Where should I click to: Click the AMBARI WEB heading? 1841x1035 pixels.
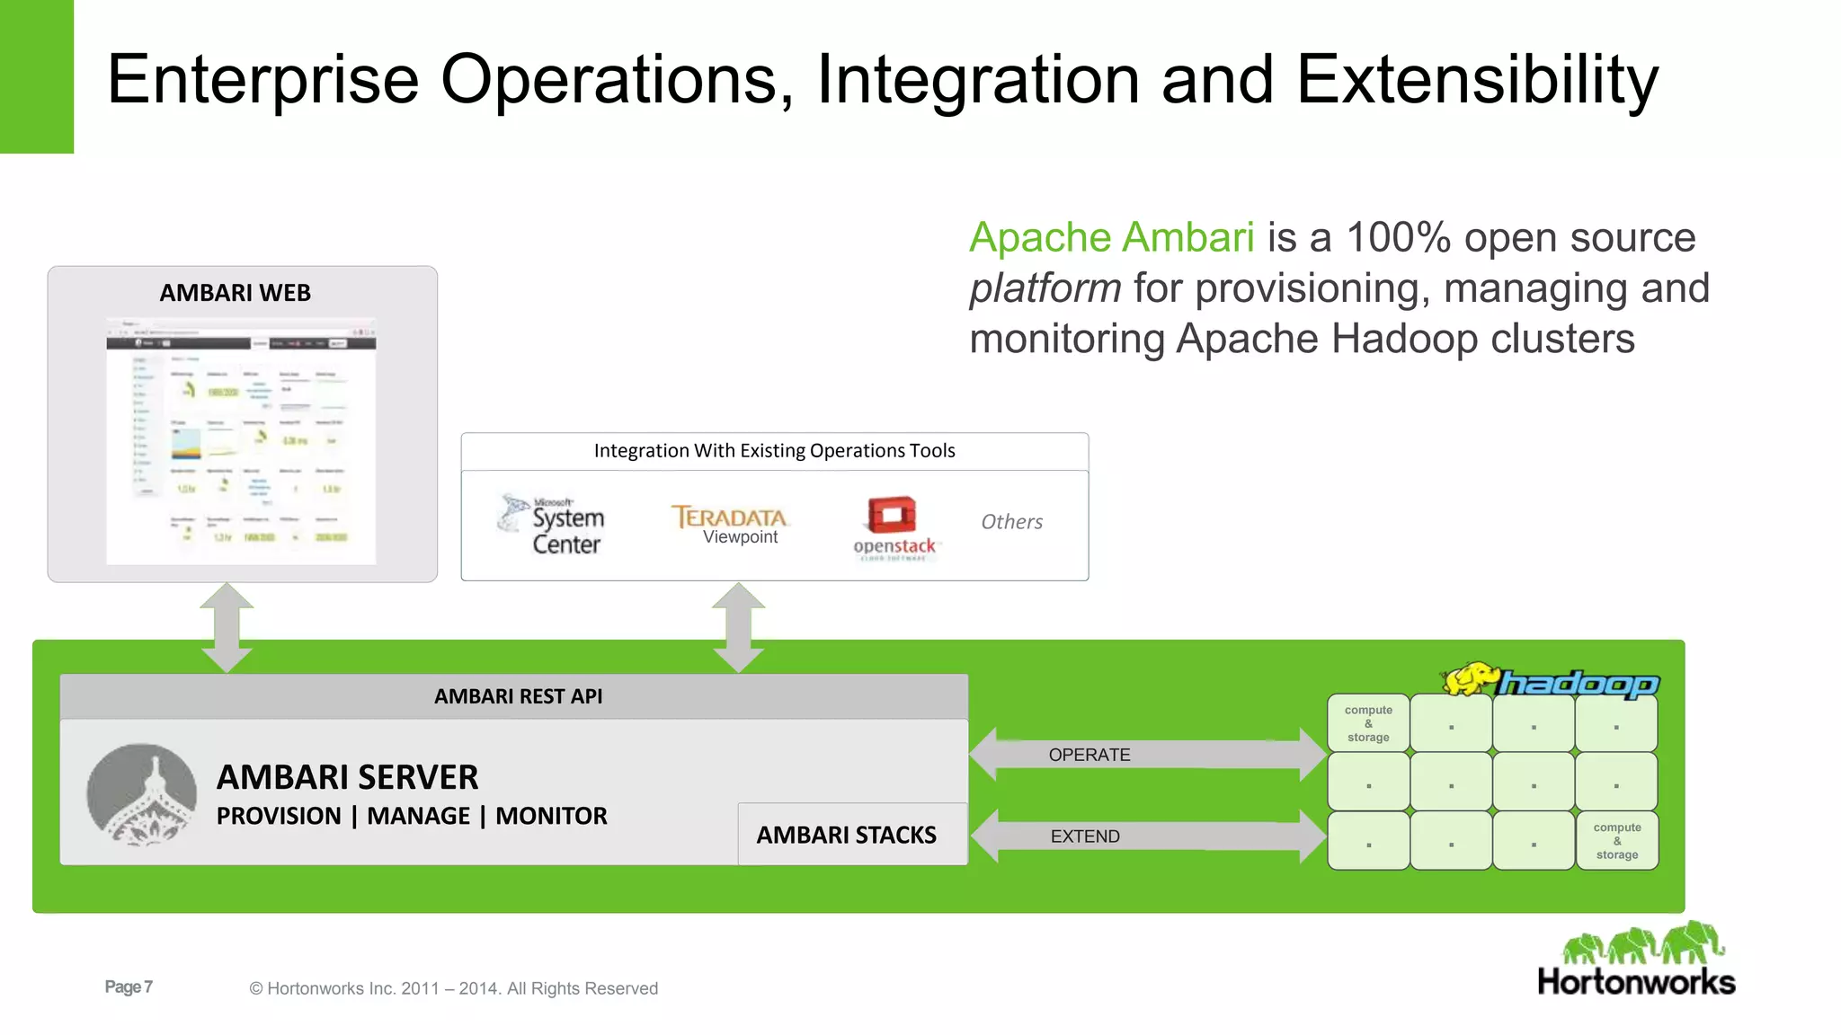pos(235,293)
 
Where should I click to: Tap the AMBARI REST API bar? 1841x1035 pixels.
pos(518,696)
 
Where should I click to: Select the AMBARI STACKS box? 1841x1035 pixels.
pos(846,835)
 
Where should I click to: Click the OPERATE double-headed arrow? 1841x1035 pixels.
pos(1147,755)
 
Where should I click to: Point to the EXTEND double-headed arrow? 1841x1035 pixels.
pos(1147,836)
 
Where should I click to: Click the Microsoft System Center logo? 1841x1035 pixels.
pos(552,525)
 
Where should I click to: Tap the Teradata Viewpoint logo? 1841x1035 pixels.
pos(730,524)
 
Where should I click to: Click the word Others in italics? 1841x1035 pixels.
pos(1011,522)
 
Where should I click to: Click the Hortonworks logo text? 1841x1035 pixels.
pos(1636,982)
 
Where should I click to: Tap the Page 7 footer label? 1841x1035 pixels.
pos(129,986)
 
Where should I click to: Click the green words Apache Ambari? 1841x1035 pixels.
pos(1111,238)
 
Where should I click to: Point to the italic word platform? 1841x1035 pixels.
pos(1045,289)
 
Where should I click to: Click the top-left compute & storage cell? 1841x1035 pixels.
pos(1368,723)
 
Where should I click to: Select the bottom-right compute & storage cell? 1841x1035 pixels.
pos(1616,841)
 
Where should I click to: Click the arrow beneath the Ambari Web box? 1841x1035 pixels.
pos(227,627)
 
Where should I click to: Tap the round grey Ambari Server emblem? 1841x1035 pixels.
pos(142,794)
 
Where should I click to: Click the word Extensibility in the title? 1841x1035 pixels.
pos(1477,81)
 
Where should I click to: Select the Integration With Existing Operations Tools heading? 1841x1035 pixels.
pos(774,451)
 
